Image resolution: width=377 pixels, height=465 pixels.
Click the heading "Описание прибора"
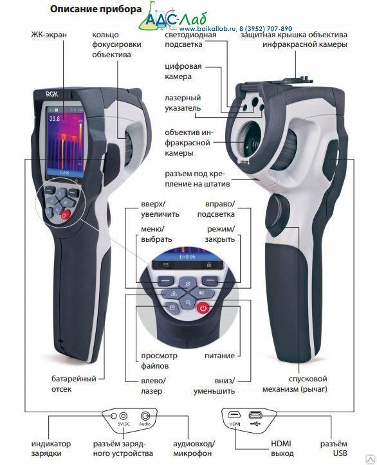[x=96, y=9]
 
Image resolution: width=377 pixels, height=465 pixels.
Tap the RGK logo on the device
[x=52, y=95]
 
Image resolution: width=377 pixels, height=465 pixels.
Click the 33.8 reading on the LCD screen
[x=55, y=118]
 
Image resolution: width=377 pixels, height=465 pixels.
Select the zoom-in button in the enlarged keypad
[x=187, y=284]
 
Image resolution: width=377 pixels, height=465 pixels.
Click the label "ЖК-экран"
[x=49, y=35]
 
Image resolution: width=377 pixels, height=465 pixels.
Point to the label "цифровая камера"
[x=183, y=71]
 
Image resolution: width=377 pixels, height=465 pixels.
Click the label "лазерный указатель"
[x=183, y=103]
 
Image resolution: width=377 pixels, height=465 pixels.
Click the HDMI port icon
[x=234, y=414]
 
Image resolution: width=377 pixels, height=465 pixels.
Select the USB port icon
[x=255, y=414]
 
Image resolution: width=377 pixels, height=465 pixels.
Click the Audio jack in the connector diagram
[x=145, y=415]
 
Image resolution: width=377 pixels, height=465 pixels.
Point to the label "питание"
[x=219, y=356]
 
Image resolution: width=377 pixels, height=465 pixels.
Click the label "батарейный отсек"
[x=74, y=384]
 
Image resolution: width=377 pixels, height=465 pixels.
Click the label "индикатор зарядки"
[x=51, y=448]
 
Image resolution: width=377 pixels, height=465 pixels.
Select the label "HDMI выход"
[x=282, y=448]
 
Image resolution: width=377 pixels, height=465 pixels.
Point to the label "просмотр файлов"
[x=159, y=361]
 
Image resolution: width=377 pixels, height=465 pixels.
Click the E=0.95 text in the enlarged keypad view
[x=187, y=257]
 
